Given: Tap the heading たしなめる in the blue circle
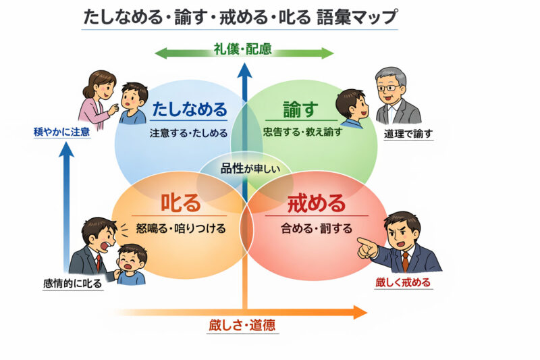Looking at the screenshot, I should [189, 109].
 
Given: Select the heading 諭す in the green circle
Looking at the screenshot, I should [300, 108].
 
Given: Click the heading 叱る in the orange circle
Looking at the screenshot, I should [180, 203].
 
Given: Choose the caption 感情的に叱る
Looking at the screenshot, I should [72, 284].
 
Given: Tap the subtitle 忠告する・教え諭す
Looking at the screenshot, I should [302, 132].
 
